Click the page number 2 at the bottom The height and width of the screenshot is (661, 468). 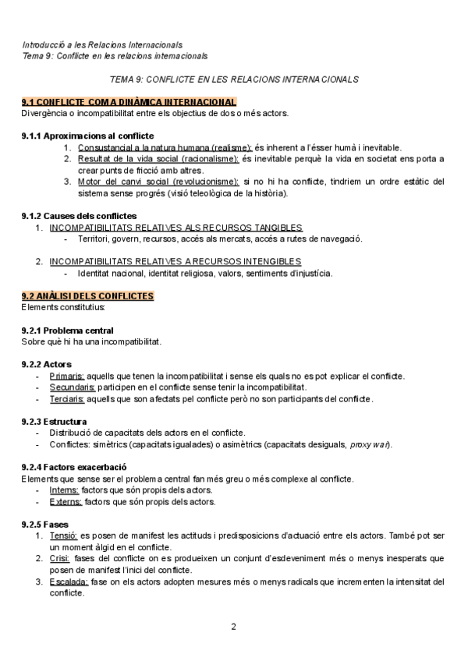point(233,627)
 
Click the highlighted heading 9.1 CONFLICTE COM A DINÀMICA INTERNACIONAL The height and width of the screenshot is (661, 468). point(129,102)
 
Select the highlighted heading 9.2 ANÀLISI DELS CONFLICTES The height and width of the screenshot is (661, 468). point(87,296)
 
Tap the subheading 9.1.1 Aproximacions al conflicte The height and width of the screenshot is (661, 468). point(87,136)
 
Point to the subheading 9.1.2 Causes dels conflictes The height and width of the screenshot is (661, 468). point(79,216)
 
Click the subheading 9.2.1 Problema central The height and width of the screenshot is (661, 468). point(67,330)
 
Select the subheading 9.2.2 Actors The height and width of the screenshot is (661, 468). point(47,364)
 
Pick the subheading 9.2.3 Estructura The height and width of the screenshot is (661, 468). point(54,421)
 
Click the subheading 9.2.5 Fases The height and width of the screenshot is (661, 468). point(45,524)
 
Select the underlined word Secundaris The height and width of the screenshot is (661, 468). point(73,387)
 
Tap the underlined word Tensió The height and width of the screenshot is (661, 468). point(63,536)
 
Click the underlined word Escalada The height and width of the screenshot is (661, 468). point(68,581)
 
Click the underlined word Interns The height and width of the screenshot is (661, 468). point(64,490)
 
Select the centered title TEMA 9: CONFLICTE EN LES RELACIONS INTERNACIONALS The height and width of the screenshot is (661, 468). point(234,80)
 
